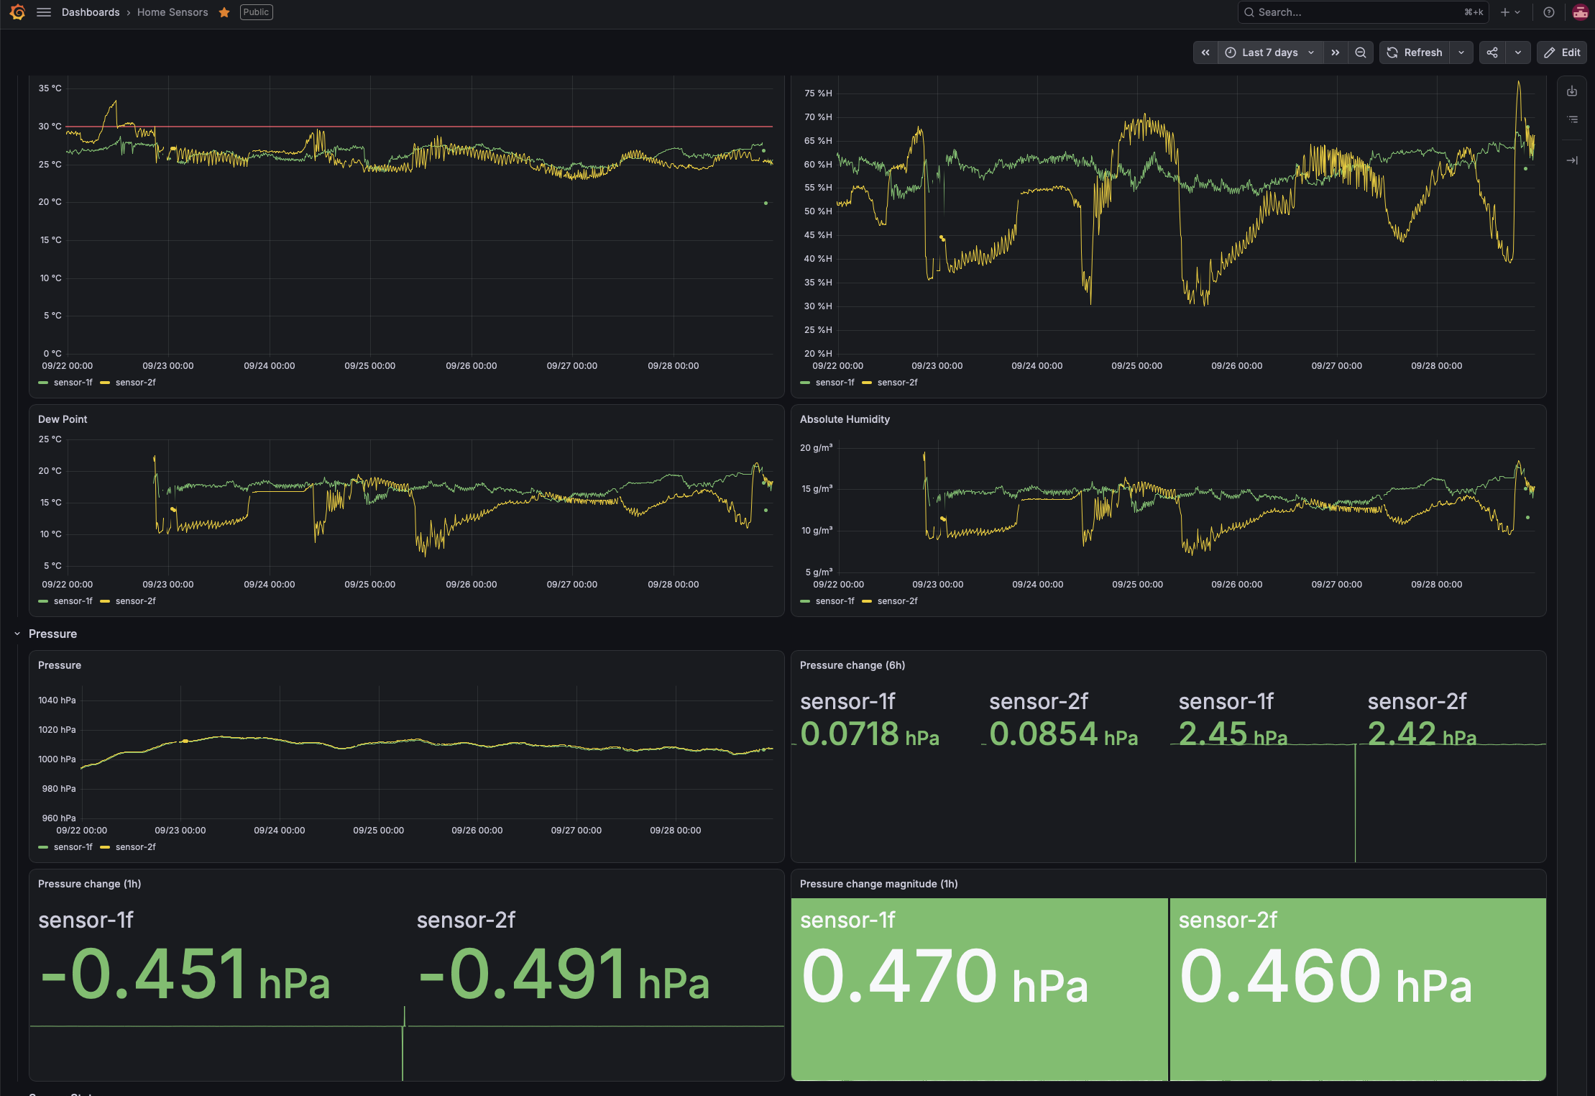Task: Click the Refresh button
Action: click(1414, 52)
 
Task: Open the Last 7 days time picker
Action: click(1270, 52)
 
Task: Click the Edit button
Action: click(1562, 52)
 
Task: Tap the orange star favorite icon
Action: click(224, 12)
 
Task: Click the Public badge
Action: click(256, 12)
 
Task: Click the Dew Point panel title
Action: click(63, 419)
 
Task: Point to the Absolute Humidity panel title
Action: click(845, 419)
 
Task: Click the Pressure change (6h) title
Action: click(852, 665)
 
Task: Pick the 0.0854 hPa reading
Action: click(1063, 734)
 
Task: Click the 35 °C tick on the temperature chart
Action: click(50, 88)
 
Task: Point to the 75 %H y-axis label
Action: click(818, 93)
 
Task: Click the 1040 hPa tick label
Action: click(57, 700)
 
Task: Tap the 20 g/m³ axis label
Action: click(817, 448)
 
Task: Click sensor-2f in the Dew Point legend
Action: click(136, 601)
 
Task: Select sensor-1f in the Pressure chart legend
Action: click(73, 847)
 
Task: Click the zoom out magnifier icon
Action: click(1361, 52)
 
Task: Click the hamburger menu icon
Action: click(44, 12)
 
